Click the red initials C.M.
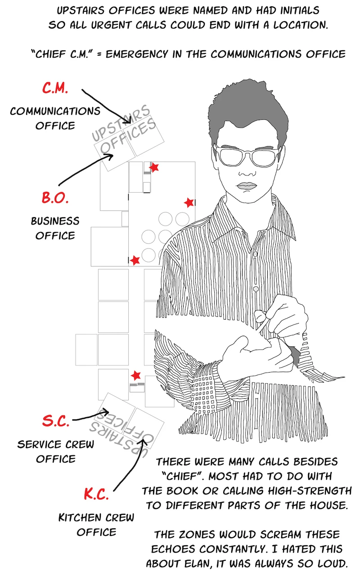(x=55, y=88)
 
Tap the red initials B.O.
(x=55, y=198)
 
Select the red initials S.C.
(x=56, y=421)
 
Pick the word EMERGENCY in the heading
(x=136, y=54)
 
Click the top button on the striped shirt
(x=255, y=254)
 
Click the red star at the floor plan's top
(x=154, y=167)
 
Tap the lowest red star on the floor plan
(x=136, y=376)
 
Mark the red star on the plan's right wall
(x=189, y=202)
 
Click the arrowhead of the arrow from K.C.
(x=144, y=442)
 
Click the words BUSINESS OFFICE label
(x=55, y=228)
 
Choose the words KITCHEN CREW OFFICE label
(x=96, y=525)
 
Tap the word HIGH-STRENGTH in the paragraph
(x=309, y=491)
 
